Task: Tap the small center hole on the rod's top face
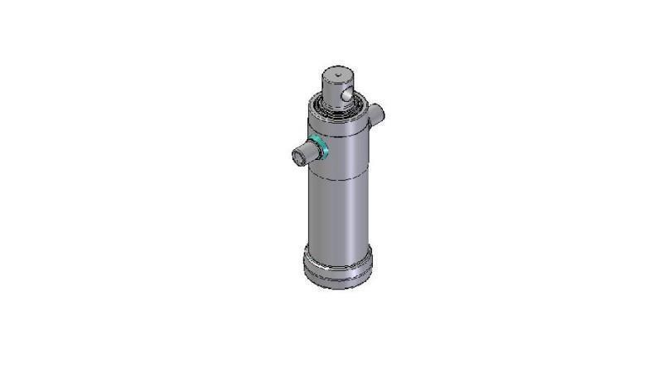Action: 339,72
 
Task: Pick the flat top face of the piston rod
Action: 339,74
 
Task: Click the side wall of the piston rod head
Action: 330,91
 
